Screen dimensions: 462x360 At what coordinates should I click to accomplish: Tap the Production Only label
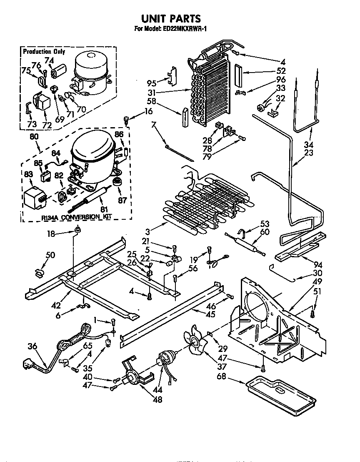coord(44,52)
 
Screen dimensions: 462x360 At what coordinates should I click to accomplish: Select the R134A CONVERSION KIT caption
coord(77,217)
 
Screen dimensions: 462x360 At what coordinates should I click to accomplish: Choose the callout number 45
coord(211,314)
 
